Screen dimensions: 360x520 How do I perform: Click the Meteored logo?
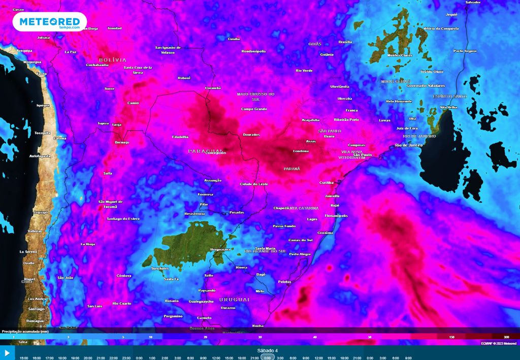tap(49, 22)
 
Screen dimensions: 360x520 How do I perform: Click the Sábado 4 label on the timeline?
tap(268, 350)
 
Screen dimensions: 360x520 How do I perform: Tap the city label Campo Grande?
tap(253, 109)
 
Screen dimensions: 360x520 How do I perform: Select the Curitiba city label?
tap(327, 182)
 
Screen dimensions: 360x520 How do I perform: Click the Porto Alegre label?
tap(300, 254)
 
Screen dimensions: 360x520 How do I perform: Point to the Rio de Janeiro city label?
tap(409, 146)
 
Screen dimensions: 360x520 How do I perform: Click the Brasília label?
tap(345, 42)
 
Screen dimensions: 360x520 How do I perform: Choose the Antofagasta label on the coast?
tap(40, 155)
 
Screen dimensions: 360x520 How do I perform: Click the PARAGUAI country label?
tap(206, 151)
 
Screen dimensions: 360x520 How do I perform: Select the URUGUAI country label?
tap(235, 300)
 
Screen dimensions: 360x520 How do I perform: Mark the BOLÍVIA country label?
tap(112, 59)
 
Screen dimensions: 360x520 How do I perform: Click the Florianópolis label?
tap(336, 216)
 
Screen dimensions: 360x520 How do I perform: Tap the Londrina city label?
tap(301, 151)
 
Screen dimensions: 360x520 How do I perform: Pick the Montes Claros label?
tap(399, 55)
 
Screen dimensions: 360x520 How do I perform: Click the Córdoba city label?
tap(124, 276)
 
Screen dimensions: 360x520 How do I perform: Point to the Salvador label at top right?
tap(473, 3)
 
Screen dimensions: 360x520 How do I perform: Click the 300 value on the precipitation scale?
tap(506, 337)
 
